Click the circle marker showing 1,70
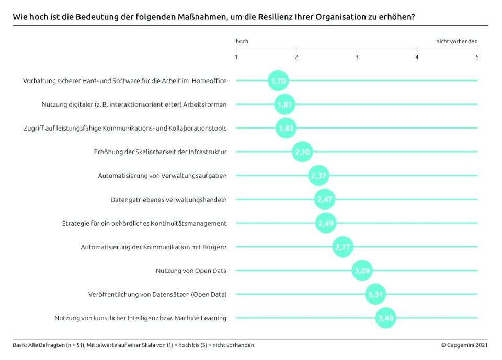pos(278,80)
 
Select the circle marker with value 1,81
pos(285,104)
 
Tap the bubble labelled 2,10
pos(302,152)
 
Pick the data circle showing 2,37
pos(318,176)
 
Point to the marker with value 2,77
pos(343,247)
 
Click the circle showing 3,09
pos(362,271)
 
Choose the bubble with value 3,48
pos(385,318)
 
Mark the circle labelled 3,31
pos(375,295)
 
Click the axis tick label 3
pos(357,57)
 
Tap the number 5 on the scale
pos(477,57)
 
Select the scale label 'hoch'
pos(242,41)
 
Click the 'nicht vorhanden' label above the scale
pos(457,41)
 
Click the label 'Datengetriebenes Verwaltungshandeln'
pos(168,200)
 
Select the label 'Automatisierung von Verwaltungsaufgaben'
pos(162,176)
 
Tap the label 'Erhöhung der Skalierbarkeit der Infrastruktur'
pos(160,152)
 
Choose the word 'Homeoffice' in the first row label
pos(209,80)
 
